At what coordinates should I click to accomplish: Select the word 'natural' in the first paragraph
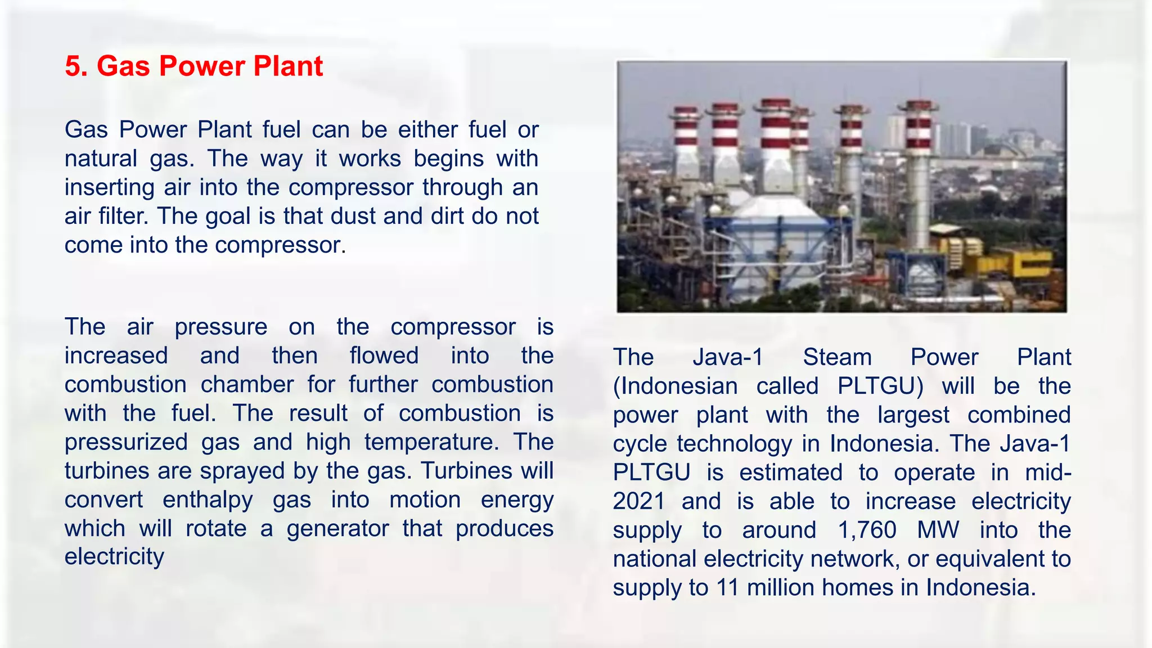[x=101, y=159]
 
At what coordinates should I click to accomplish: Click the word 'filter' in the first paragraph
[x=122, y=216]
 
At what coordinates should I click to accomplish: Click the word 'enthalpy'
[x=208, y=500]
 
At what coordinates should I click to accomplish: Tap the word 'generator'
[x=337, y=529]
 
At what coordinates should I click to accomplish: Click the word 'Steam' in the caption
[x=837, y=358]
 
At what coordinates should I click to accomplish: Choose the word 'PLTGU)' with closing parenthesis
[x=880, y=386]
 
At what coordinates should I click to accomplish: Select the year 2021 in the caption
[x=638, y=502]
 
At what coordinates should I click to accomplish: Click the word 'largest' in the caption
[x=913, y=416]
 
